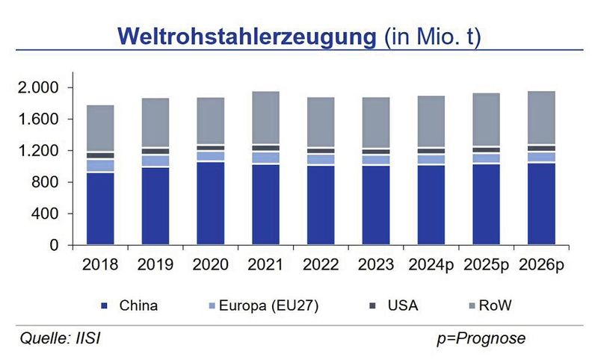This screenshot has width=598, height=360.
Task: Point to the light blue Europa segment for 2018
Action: [100, 165]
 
